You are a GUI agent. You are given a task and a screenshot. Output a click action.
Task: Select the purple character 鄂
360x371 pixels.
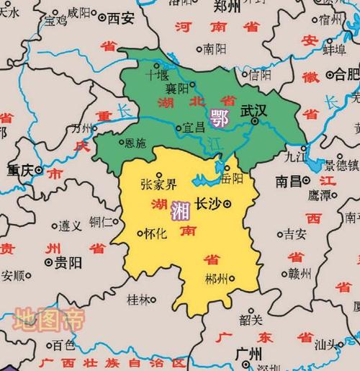point(217,116)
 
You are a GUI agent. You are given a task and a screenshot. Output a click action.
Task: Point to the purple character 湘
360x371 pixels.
point(180,211)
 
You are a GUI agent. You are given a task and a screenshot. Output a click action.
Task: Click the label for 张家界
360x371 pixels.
point(158,183)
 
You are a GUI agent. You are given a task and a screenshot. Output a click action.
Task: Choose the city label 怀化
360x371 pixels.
point(155,233)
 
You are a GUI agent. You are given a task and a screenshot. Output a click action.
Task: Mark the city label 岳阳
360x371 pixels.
point(233,177)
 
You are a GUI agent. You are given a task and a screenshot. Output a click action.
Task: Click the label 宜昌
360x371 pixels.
point(194,127)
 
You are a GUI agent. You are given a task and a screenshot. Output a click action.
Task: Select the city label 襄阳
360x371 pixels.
point(176,88)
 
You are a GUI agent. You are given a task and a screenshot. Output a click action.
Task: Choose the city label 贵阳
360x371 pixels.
point(69,262)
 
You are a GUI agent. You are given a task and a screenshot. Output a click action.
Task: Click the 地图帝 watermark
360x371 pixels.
point(49,318)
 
